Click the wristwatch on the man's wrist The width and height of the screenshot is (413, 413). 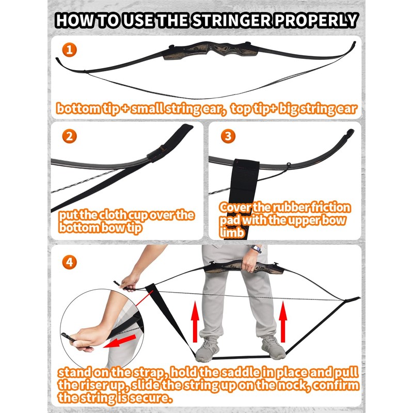coord(256,249)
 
